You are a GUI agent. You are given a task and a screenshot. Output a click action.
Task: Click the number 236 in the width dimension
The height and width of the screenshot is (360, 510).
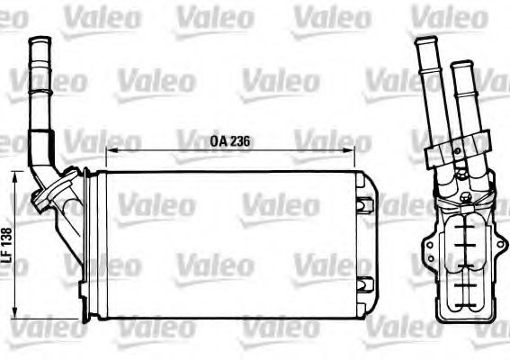(237, 140)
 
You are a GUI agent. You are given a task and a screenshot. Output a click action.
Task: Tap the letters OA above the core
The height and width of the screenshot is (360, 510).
(217, 140)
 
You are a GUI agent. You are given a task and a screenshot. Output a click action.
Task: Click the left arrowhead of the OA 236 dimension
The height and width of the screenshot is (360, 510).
(110, 149)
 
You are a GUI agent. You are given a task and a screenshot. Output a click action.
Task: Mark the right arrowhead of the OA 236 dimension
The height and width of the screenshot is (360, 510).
(366, 149)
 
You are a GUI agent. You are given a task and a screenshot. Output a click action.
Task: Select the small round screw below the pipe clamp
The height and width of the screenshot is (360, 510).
(464, 196)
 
